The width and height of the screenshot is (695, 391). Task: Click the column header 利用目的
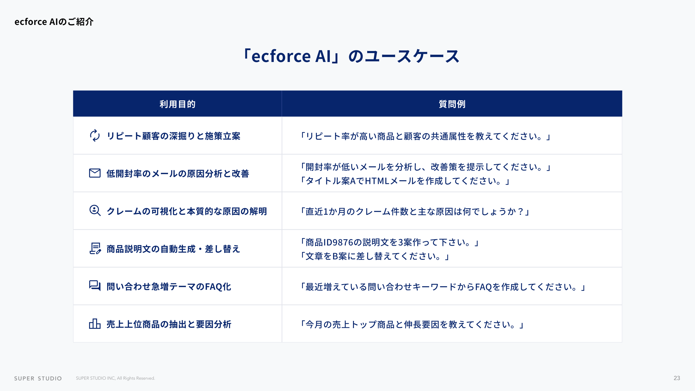pyautogui.click(x=178, y=104)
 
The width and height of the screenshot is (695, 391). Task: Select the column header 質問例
pyautogui.click(x=452, y=104)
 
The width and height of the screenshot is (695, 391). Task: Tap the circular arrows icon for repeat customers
pyautogui.click(x=95, y=136)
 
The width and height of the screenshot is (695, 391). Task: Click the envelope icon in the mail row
pyautogui.click(x=95, y=173)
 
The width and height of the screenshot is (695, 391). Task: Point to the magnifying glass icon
pyautogui.click(x=95, y=211)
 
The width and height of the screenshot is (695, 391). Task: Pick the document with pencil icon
pyautogui.click(x=95, y=248)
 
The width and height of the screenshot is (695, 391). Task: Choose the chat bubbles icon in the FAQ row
pyautogui.click(x=95, y=286)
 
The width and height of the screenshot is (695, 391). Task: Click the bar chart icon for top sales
pyautogui.click(x=95, y=324)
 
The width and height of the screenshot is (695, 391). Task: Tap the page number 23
pyautogui.click(x=677, y=378)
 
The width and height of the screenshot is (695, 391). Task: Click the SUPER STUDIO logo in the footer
pyautogui.click(x=38, y=378)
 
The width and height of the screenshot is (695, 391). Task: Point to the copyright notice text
pyautogui.click(x=115, y=378)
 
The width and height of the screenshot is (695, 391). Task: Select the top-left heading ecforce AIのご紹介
pyautogui.click(x=54, y=22)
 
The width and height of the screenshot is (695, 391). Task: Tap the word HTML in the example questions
pyautogui.click(x=377, y=181)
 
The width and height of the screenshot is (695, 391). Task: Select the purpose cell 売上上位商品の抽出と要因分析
pyautogui.click(x=169, y=324)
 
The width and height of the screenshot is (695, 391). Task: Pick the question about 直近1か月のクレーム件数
pyautogui.click(x=415, y=211)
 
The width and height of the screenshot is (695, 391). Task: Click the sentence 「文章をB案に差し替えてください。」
pyautogui.click(x=375, y=256)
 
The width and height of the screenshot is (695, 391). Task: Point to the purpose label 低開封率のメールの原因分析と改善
pyautogui.click(x=178, y=173)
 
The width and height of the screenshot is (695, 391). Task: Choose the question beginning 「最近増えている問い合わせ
pyautogui.click(x=443, y=287)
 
